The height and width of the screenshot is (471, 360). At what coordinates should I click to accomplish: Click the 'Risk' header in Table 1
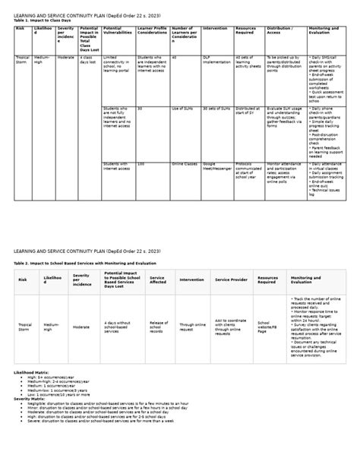point(21,28)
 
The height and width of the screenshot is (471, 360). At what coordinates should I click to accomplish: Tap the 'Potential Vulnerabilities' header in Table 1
point(117,31)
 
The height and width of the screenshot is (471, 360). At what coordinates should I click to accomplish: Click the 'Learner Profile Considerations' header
point(153,31)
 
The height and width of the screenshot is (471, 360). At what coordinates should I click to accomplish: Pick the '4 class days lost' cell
point(87,60)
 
